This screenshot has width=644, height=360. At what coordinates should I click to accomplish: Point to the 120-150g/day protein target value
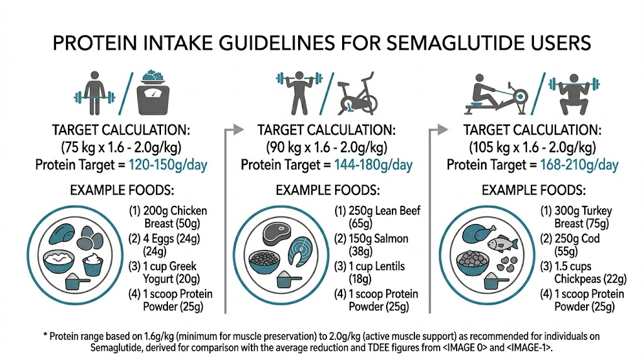coord(167,166)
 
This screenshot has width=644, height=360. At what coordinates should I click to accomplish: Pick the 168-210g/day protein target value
coord(579,166)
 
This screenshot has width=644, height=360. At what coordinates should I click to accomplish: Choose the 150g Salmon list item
coord(370,244)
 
